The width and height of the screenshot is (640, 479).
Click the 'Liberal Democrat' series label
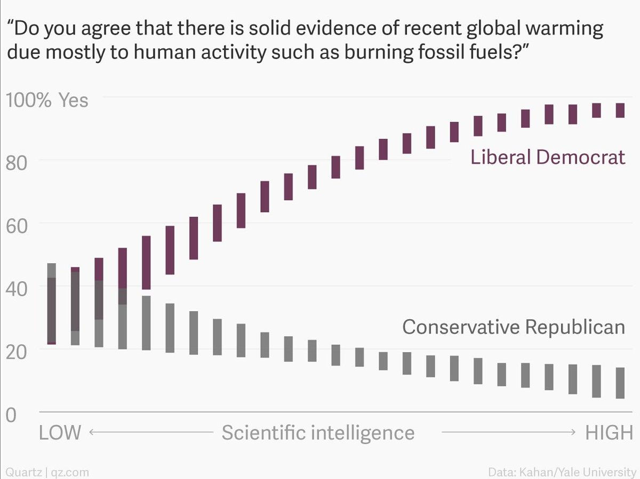(547, 157)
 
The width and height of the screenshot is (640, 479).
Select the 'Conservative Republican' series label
(513, 326)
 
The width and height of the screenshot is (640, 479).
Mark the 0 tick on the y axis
(11, 414)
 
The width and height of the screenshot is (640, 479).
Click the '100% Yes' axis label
(46, 100)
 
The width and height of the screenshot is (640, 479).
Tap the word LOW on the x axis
(60, 432)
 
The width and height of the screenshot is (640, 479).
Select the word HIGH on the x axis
(609, 432)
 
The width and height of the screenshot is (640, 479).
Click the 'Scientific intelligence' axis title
(318, 432)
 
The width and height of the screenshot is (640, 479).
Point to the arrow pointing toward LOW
(149, 432)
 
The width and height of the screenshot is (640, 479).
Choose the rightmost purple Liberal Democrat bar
(620, 110)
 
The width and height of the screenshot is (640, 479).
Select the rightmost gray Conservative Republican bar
(620, 383)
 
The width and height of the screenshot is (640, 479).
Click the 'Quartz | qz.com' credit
(47, 472)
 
